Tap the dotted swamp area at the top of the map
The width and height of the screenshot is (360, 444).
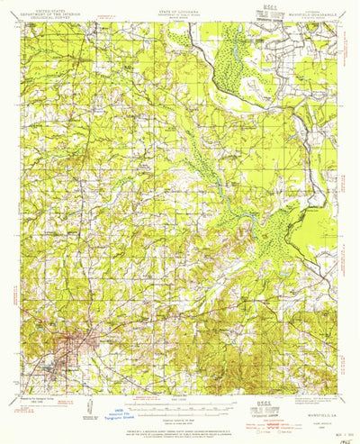[236, 45]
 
